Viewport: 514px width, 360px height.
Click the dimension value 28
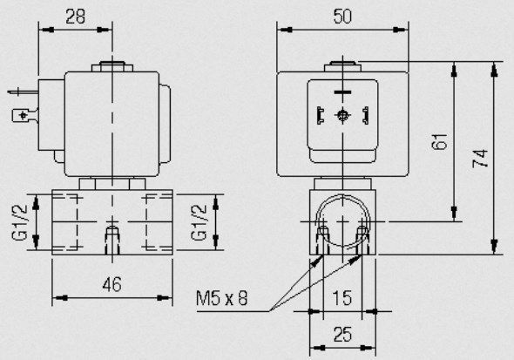pos(75,17)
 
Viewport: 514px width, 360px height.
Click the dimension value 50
pos(342,17)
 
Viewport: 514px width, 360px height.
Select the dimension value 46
pos(112,284)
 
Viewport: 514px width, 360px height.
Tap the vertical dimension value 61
pos(440,141)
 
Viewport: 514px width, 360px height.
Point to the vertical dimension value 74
pos(480,159)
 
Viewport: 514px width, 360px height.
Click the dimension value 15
pos(342,298)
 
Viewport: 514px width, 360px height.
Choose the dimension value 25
pos(342,335)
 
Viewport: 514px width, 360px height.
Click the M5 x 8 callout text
pos(221,298)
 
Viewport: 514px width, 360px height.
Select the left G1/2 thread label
pos(19,222)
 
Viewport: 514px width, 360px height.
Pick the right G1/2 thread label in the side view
pos(199,222)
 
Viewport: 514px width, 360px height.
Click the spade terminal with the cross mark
pos(24,115)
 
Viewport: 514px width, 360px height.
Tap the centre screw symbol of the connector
pos(342,115)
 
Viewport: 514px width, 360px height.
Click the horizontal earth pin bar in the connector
pos(342,92)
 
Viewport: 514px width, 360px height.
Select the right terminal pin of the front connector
pos(365,115)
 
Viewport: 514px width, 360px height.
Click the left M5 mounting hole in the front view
pos(323,240)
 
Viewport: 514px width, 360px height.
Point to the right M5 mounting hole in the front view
pos(362,240)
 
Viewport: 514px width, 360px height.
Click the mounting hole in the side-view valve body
pos(112,240)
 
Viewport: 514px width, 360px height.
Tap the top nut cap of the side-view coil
pos(112,66)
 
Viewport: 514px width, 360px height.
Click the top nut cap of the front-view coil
pos(342,66)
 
